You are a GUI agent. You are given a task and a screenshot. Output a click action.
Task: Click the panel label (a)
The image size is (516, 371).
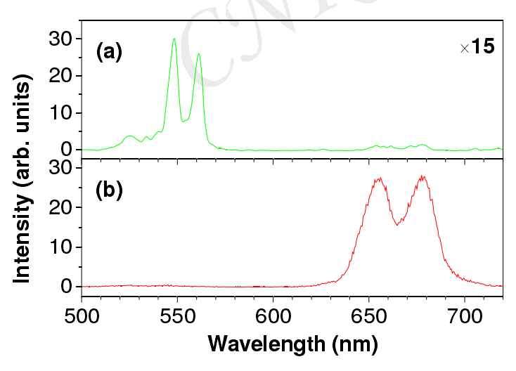[x=110, y=53]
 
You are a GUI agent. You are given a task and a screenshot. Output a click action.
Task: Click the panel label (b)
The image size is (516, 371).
[x=110, y=191]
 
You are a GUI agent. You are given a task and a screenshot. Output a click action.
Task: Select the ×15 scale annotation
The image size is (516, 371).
[x=477, y=48]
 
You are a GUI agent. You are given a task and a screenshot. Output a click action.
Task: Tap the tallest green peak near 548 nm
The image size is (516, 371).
[x=174, y=39]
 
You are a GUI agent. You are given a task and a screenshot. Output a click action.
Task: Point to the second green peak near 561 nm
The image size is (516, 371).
[x=199, y=54]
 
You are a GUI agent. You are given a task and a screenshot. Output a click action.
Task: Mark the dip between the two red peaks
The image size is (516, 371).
[x=398, y=224]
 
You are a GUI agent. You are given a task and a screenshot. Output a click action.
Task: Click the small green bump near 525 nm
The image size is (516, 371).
[x=129, y=136]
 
